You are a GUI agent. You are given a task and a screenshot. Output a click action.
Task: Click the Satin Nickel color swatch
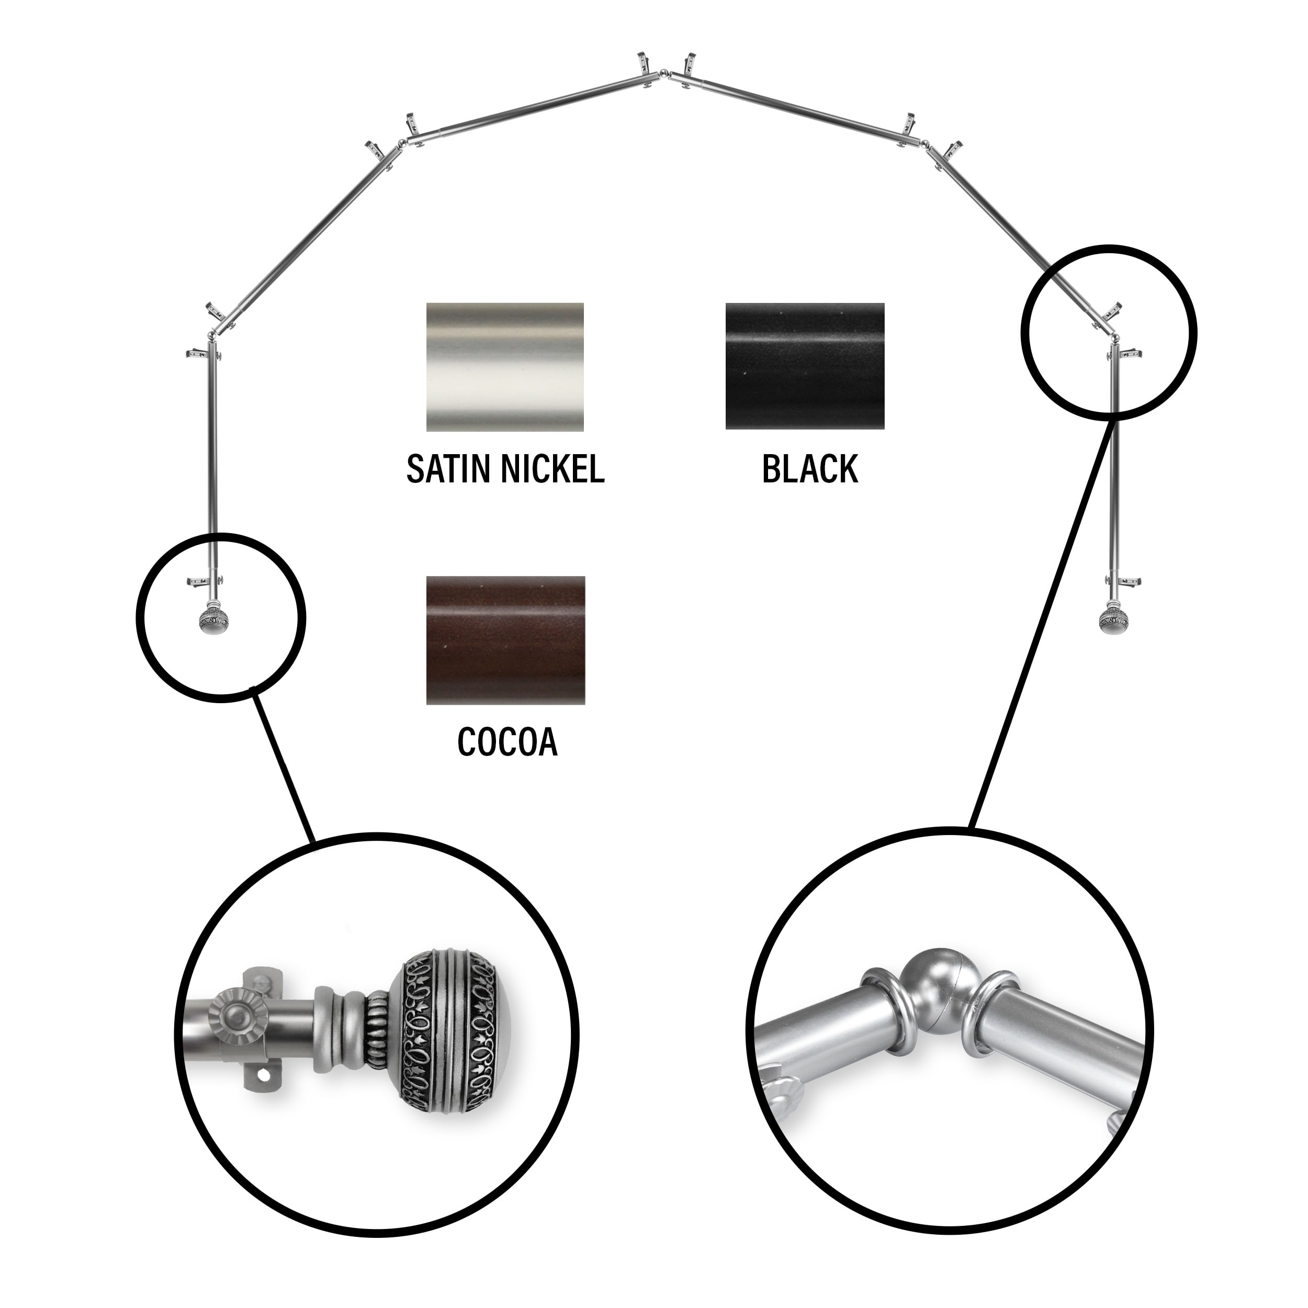pos(505,367)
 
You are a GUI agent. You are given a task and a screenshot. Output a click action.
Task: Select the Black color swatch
pos(804,366)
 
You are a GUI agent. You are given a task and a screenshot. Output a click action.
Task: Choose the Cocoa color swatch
pos(505,640)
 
